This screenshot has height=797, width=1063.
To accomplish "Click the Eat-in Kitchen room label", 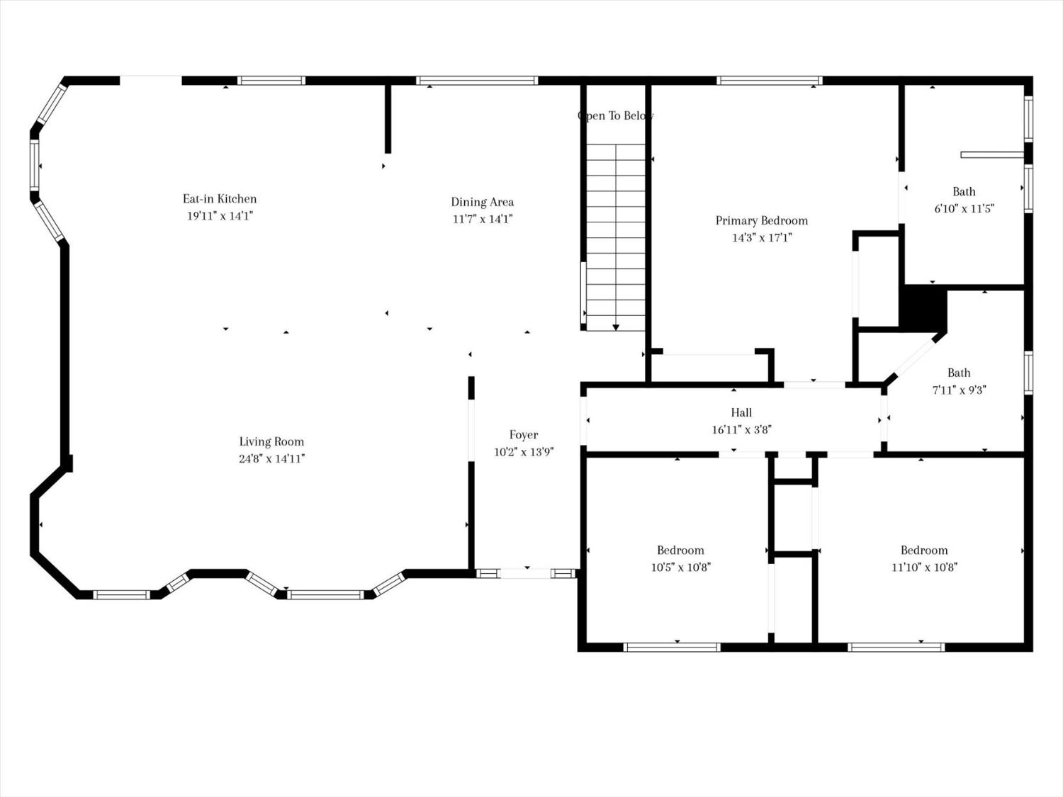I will coord(220,199).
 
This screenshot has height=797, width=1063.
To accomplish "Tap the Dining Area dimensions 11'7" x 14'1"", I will coord(482,219).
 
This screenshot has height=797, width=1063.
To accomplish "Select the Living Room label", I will coord(271,441).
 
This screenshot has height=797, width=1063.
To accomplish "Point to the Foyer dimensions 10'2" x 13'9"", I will coord(523,452).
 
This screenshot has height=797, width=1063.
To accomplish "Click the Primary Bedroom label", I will coord(761,220).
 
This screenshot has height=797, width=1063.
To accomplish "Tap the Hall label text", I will coord(741,412).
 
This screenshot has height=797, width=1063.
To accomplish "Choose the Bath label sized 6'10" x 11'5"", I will coord(964,191).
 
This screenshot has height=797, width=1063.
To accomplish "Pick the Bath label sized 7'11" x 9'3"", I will coord(959,373).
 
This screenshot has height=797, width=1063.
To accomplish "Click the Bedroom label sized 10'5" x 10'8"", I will coord(680,550).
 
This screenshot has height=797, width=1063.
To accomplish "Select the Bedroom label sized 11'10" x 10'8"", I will coord(924,550).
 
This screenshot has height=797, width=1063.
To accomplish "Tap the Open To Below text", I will coord(615,115).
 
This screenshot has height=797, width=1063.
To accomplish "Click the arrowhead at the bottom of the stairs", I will coord(616,327).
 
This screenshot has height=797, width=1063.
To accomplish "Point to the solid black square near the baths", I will coord(923,307).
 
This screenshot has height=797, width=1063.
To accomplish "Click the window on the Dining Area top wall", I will coord(477,81).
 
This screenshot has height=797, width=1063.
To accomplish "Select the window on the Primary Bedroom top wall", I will coord(770,81).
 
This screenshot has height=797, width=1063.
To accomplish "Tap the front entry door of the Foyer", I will coord(526,573).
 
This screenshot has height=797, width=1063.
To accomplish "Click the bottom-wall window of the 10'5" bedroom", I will coord(672,647).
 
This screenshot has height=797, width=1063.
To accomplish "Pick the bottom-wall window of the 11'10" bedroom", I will coord(896,647).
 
